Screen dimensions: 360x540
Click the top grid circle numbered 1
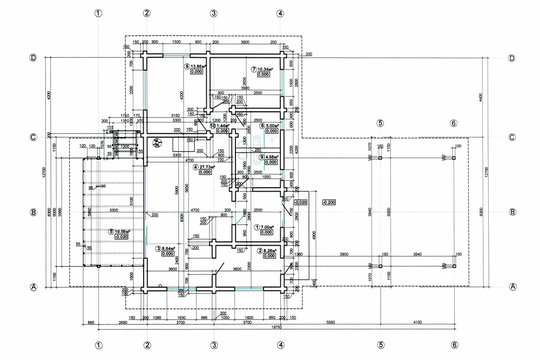98,13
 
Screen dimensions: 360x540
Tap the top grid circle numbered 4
280,13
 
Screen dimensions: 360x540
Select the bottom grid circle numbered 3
213,345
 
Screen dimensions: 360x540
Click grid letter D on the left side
34,59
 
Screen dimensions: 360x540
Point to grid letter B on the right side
511,212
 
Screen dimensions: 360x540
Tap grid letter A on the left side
34,287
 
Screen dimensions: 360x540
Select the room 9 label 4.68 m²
269,157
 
